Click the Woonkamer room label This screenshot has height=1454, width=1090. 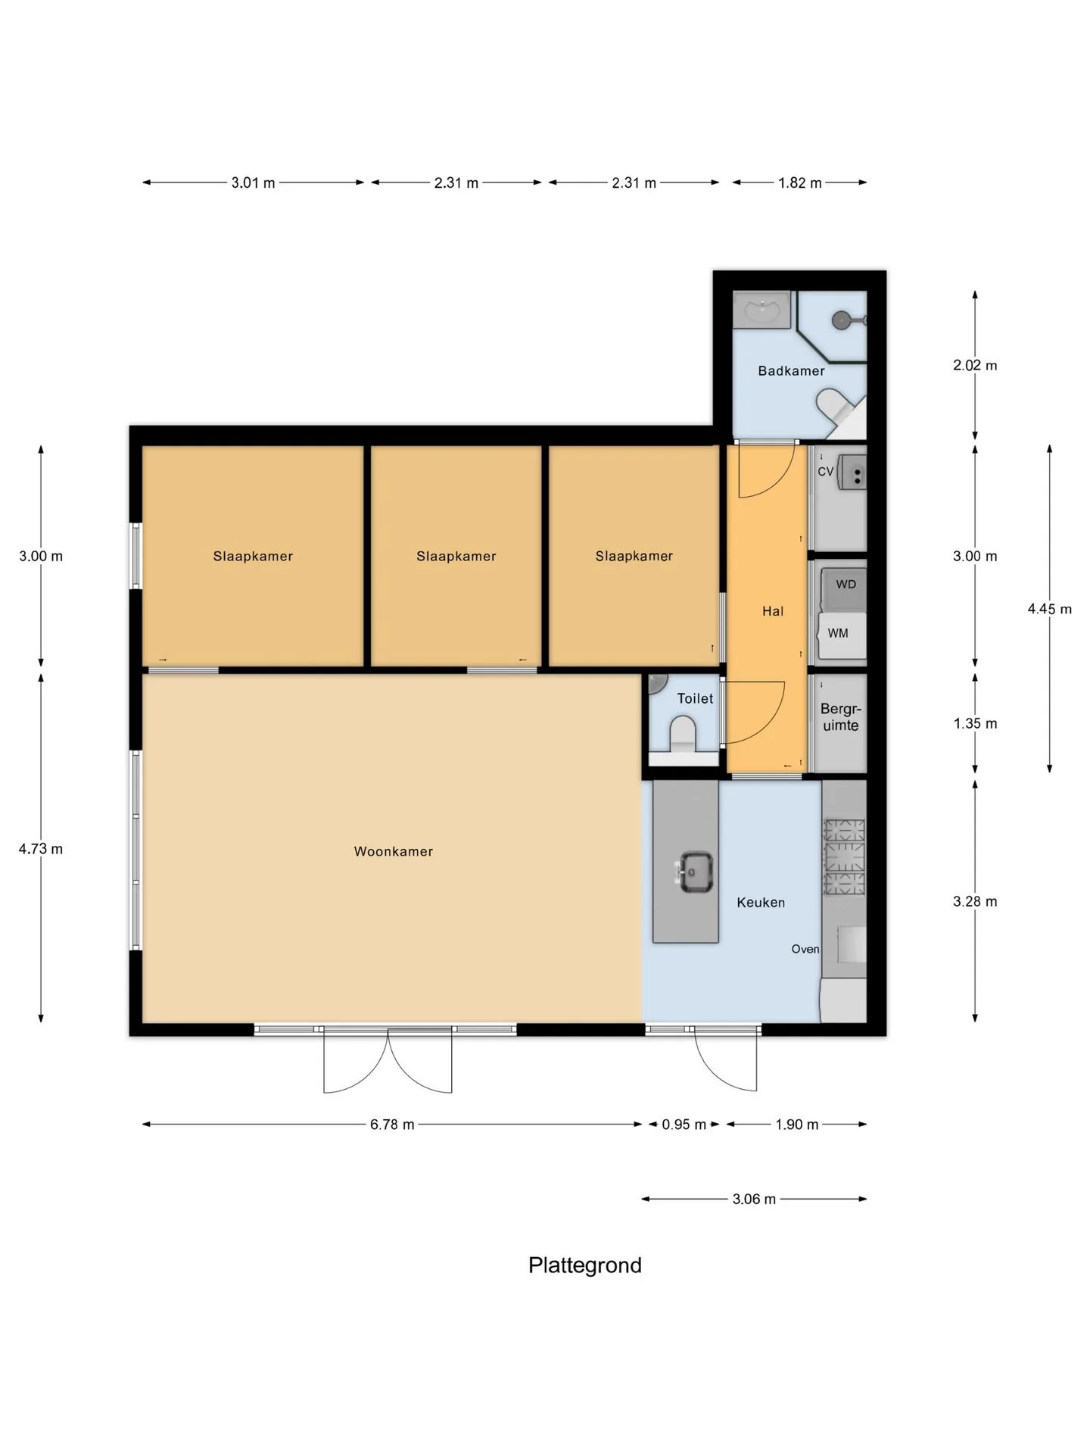click(394, 851)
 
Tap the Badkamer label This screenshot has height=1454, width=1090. click(791, 370)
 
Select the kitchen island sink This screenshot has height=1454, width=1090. click(694, 872)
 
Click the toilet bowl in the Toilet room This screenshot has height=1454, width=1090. click(683, 735)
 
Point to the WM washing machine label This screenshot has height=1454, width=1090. click(838, 633)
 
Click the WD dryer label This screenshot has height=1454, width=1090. click(846, 584)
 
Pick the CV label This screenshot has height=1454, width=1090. click(825, 471)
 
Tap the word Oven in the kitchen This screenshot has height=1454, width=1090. click(805, 949)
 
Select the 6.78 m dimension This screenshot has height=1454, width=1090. click(392, 1125)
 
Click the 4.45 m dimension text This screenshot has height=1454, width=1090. click(1049, 609)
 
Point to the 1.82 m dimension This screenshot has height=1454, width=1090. click(799, 183)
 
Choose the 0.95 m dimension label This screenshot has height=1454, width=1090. click(684, 1125)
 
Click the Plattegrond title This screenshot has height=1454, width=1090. click(585, 1265)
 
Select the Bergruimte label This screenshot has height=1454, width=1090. click(841, 717)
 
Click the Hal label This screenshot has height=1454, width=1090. click(773, 611)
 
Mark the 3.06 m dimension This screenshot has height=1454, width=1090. click(754, 1199)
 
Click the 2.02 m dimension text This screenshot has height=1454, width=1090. click(975, 365)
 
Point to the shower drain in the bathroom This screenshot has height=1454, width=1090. click(841, 320)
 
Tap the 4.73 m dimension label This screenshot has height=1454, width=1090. click(41, 849)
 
